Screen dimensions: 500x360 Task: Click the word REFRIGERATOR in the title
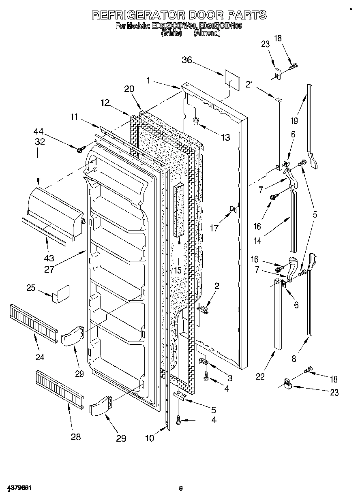point(136,15)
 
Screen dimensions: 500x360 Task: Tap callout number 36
point(186,61)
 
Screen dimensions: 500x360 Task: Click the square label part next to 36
point(229,79)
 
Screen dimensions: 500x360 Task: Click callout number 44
point(39,131)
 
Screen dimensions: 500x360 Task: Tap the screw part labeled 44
point(79,150)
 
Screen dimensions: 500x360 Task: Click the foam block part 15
point(179,211)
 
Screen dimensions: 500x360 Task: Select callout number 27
point(49,269)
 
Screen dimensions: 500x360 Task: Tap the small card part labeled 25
point(60,294)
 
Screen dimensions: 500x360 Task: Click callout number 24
point(39,357)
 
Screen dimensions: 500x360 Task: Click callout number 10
point(150,438)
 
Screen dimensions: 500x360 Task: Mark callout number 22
point(260,376)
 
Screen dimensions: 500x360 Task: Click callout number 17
point(214,228)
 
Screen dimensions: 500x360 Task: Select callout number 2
point(216,286)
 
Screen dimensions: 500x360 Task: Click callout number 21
point(249,85)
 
